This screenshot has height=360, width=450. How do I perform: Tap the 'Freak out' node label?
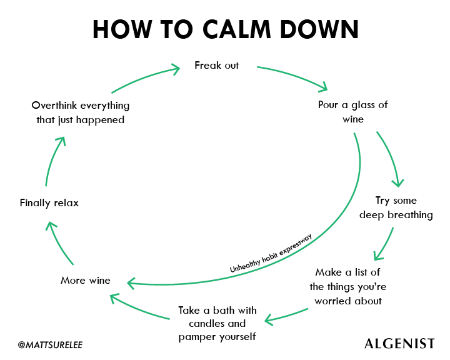tap(216, 65)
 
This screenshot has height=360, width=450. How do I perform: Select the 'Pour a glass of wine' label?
tap(352, 111)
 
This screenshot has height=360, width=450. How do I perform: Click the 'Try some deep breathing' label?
tap(396, 207)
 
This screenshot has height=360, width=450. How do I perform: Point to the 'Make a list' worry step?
tap(347, 286)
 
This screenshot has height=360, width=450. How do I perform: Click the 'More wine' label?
tap(85, 280)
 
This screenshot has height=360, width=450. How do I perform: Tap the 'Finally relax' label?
tap(49, 202)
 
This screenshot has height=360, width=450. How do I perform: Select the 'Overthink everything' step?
tap(80, 112)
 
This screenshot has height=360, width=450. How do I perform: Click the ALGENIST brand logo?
tap(399, 344)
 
